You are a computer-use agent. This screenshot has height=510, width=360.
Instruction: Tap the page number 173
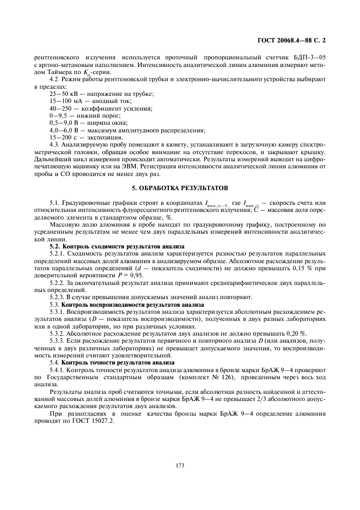click(180, 465)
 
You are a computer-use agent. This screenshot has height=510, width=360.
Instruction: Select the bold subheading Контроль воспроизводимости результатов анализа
click(125, 305)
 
